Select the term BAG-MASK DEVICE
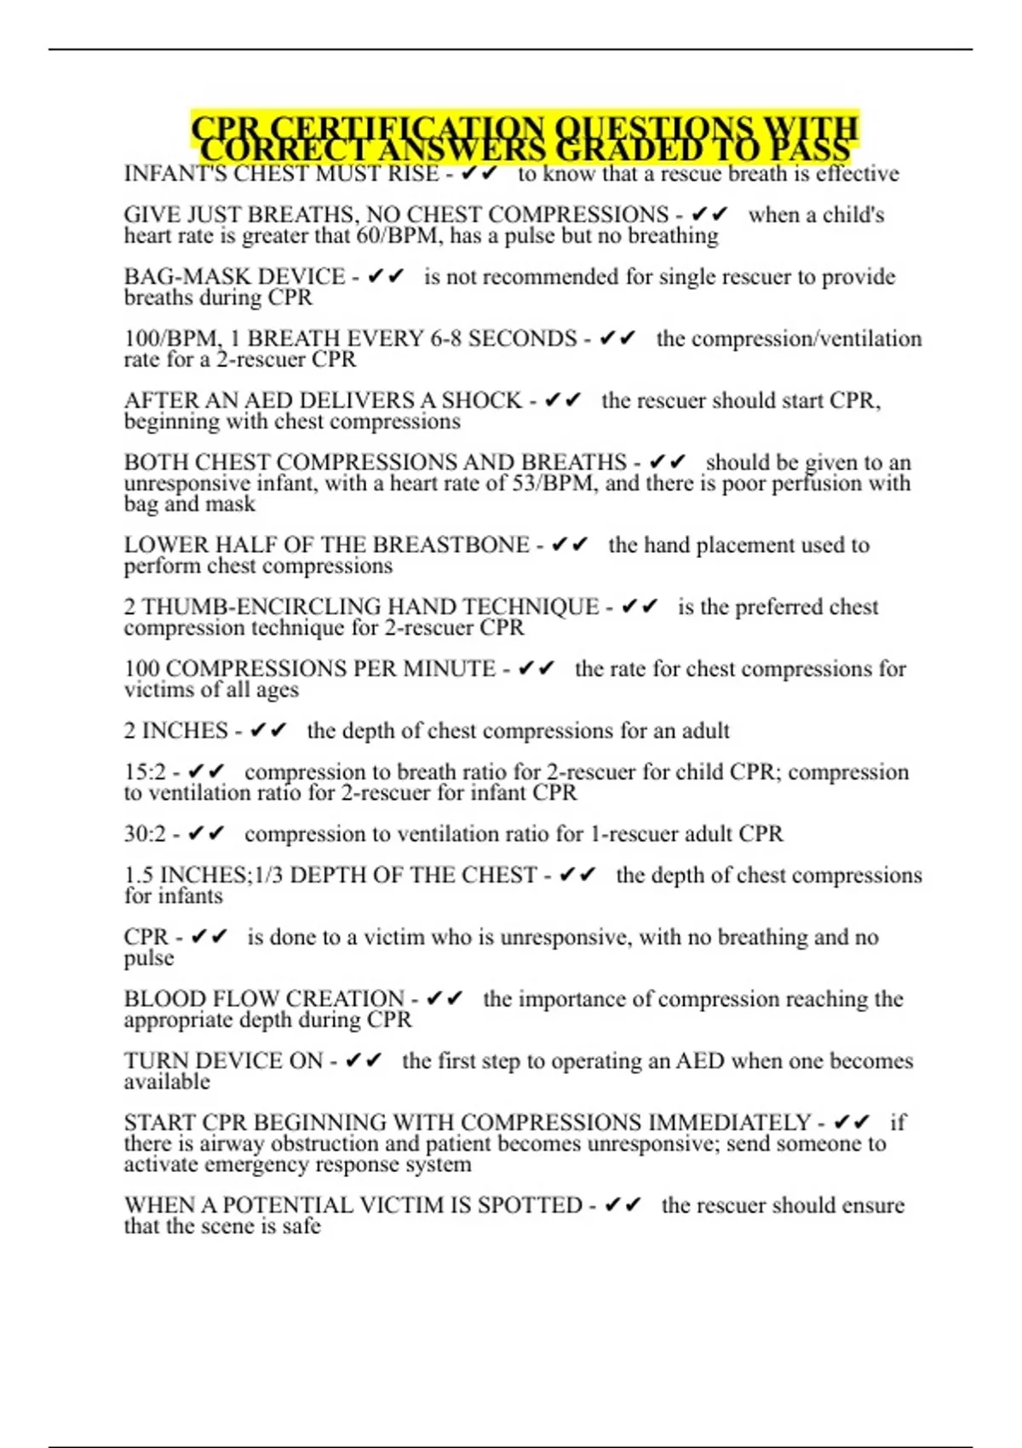point(234,277)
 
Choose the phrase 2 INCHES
point(175,731)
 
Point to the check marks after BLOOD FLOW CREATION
point(444,999)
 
